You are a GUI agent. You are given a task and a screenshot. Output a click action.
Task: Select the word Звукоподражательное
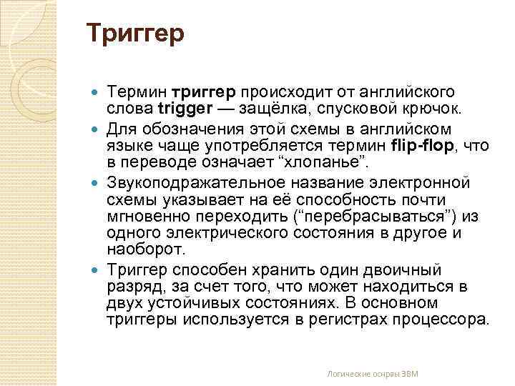(197, 182)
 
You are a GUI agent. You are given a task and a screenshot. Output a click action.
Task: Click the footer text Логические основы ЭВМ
(372, 373)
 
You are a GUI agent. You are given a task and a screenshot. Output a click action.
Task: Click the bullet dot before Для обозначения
(97, 129)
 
